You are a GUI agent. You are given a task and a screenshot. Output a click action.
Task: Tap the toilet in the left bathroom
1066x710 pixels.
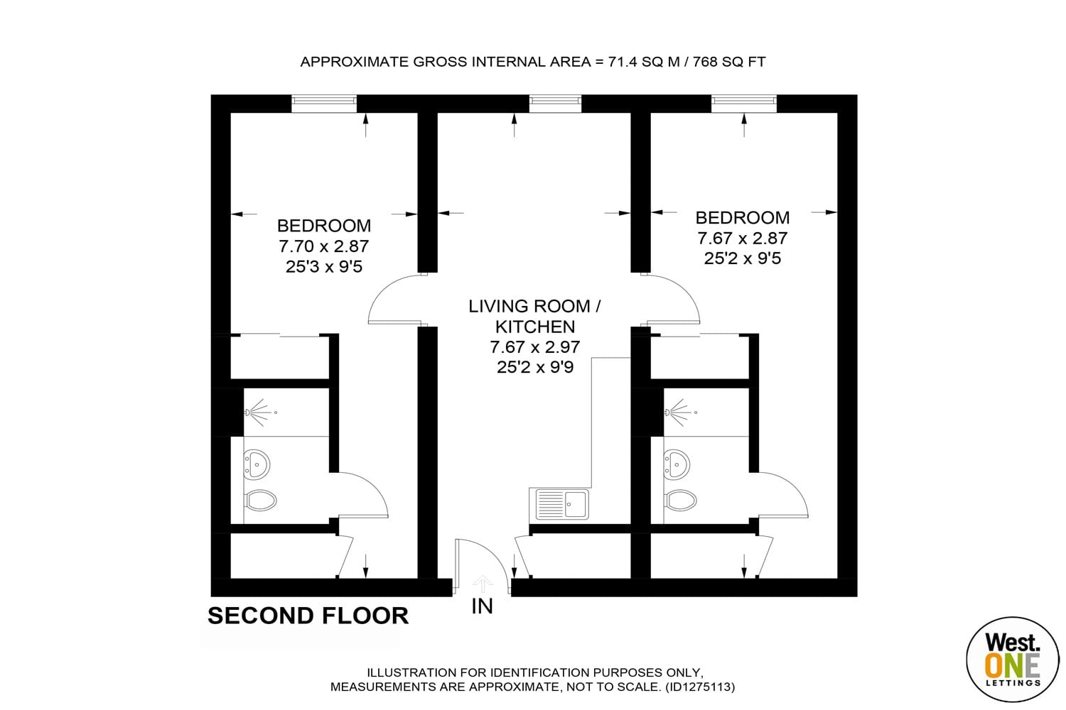pyautogui.click(x=260, y=501)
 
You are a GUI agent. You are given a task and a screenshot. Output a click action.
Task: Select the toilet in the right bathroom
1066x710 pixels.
pyautogui.click(x=681, y=501)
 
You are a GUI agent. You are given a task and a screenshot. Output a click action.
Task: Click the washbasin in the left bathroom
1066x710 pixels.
pyautogui.click(x=257, y=464)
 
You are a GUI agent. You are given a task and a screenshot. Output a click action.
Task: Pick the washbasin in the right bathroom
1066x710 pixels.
pyautogui.click(x=677, y=464)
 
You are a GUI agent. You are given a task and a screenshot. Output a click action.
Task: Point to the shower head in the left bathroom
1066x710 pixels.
pyautogui.click(x=260, y=413)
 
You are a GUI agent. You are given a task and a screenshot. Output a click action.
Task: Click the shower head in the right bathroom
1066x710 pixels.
pyautogui.click(x=681, y=413)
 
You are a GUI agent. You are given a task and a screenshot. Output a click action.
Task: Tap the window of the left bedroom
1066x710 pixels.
pyautogui.click(x=323, y=104)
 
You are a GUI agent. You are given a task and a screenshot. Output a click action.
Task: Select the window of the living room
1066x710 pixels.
pyautogui.click(x=555, y=104)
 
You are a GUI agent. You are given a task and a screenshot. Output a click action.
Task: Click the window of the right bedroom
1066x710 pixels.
pyautogui.click(x=744, y=104)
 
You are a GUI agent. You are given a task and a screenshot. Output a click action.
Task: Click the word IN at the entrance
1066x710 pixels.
pyautogui.click(x=482, y=606)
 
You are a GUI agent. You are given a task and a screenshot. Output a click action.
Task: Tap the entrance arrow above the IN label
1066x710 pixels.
pyautogui.click(x=483, y=584)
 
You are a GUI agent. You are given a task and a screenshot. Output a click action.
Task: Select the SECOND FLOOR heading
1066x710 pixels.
pyautogui.click(x=308, y=616)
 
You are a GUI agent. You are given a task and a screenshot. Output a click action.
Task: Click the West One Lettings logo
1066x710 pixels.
pyautogui.click(x=1013, y=660)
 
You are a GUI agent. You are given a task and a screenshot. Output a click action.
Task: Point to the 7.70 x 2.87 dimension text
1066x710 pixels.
pyautogui.click(x=323, y=246)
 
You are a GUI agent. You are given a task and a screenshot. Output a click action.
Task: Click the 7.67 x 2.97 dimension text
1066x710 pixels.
pyautogui.click(x=535, y=347)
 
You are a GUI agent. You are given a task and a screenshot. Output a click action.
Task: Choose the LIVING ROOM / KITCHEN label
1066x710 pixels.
pyautogui.click(x=535, y=316)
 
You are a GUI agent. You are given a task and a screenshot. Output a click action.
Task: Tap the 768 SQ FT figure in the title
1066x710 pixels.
pyautogui.click(x=729, y=62)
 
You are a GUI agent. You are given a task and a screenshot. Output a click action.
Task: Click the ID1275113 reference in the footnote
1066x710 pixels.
pyautogui.click(x=700, y=687)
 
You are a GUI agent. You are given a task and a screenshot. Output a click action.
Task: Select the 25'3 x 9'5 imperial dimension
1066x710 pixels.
pyautogui.click(x=323, y=267)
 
